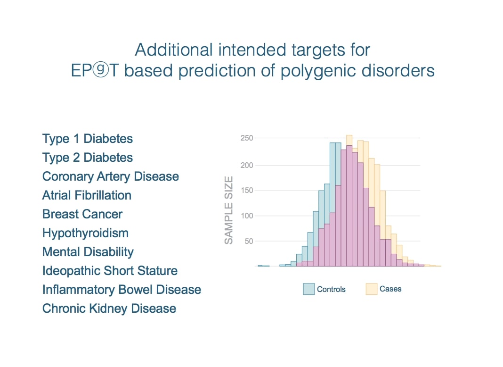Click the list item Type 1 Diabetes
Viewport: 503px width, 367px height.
[x=88, y=139]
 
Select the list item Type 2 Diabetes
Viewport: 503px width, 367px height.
[x=88, y=158]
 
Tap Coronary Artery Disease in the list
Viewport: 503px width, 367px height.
[x=111, y=176]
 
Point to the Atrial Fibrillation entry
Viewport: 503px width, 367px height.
[x=87, y=195]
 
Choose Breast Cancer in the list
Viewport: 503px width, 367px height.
[x=82, y=214]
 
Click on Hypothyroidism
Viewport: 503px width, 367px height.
[x=85, y=233]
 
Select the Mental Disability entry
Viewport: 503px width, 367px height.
[x=88, y=252]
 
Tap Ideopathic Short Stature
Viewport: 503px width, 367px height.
[x=110, y=271]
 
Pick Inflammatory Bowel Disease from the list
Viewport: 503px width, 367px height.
[x=122, y=290]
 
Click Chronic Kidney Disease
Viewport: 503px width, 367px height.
[x=109, y=309]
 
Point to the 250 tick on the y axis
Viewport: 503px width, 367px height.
[x=247, y=138]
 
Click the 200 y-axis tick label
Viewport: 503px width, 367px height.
[x=247, y=165]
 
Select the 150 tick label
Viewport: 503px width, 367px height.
[x=247, y=191]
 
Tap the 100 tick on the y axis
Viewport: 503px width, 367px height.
[x=247, y=216]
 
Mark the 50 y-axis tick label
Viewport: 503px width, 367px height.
[x=249, y=241]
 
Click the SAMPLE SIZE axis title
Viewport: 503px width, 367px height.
[x=229, y=210]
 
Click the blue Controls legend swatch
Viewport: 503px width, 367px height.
[x=308, y=289]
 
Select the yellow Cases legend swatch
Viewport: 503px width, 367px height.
[x=372, y=289]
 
